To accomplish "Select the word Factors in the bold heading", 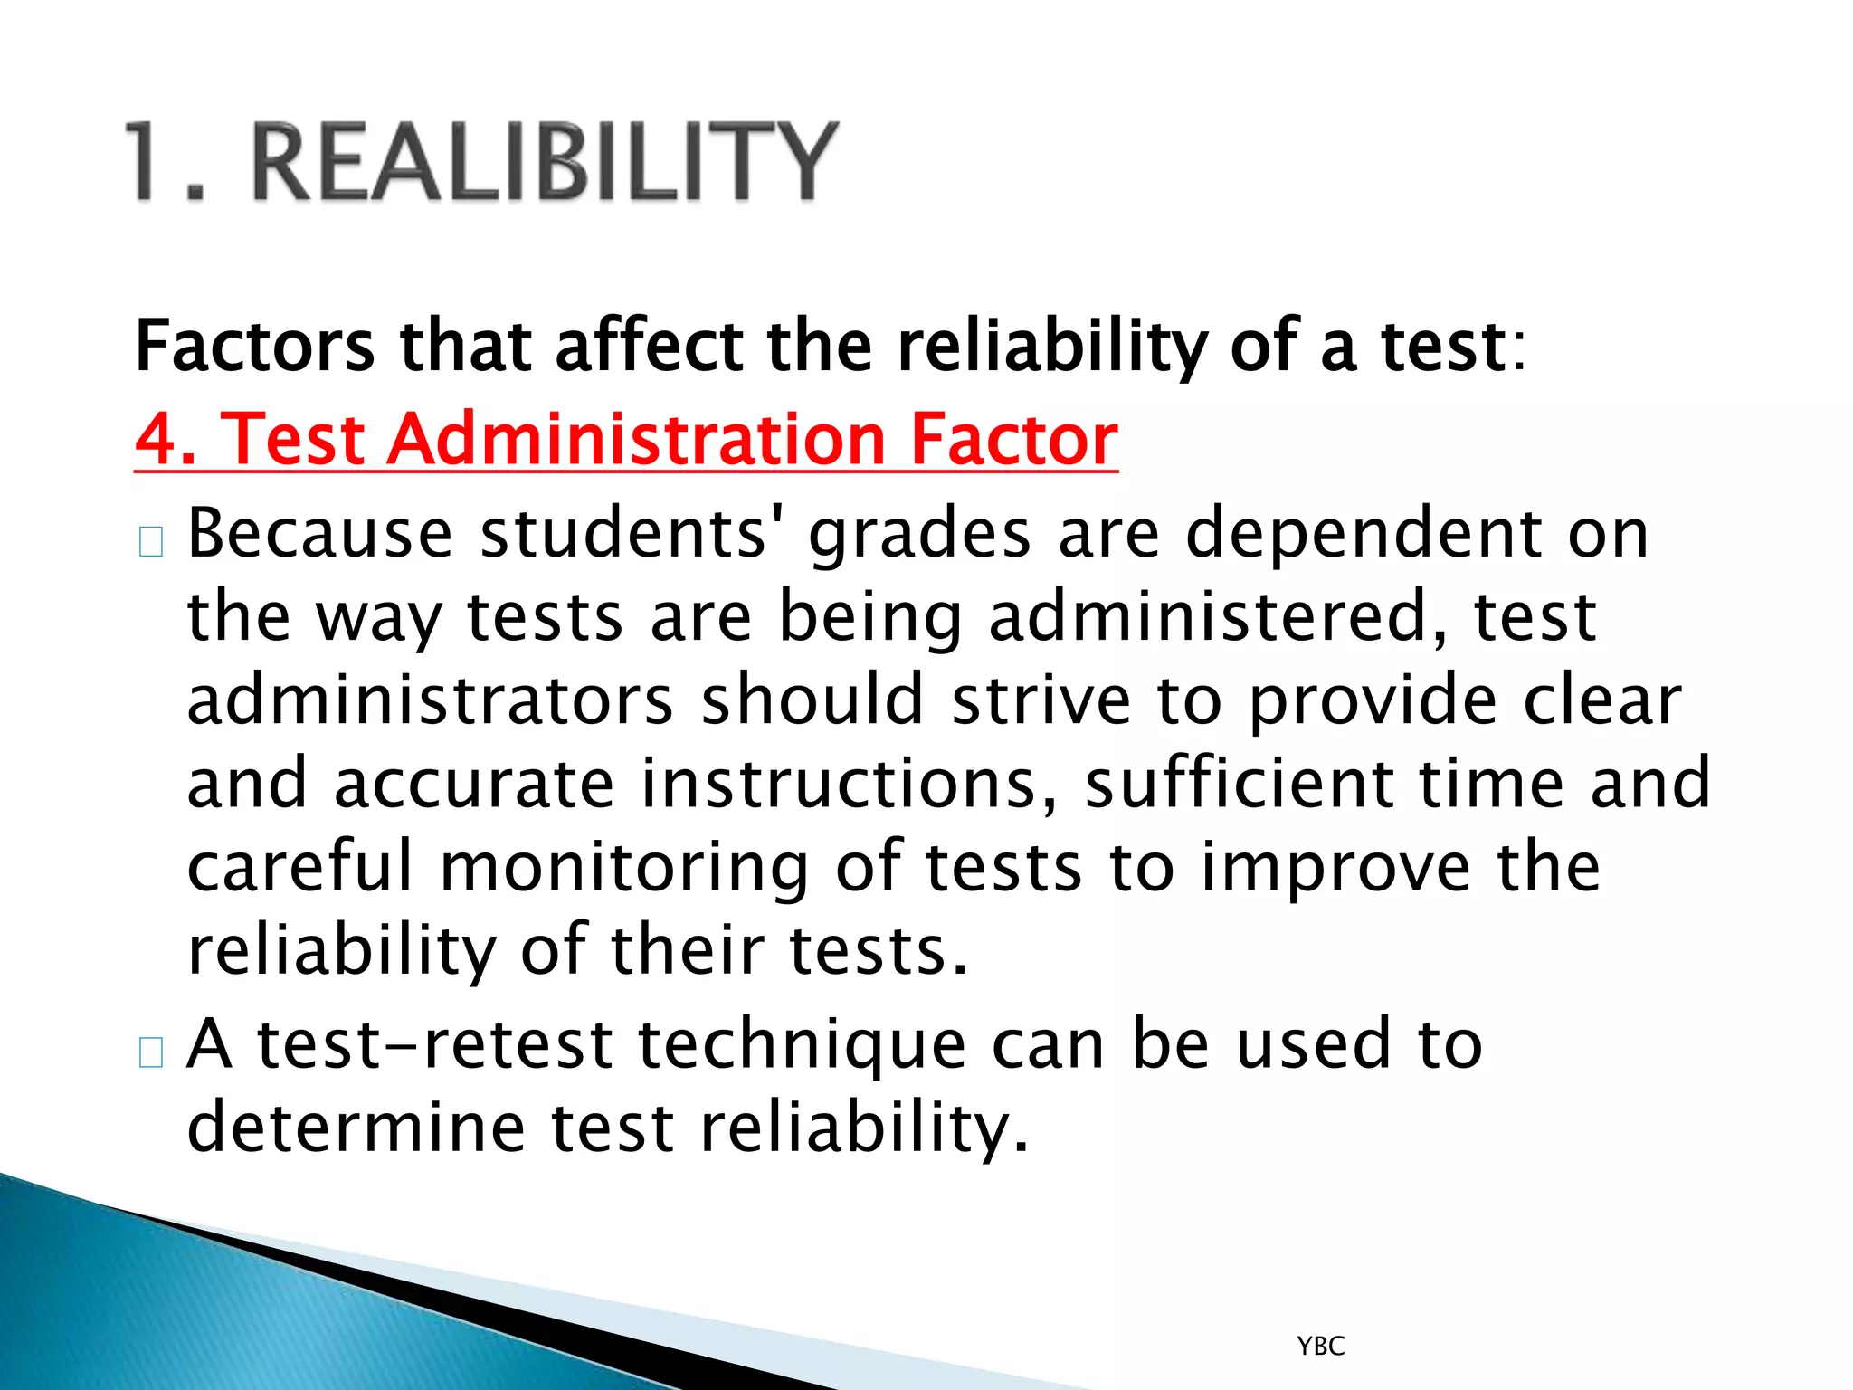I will (254, 347).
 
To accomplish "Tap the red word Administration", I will (636, 440).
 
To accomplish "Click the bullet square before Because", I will (151, 542).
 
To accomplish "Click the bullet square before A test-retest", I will (151, 1053).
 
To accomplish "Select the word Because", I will (319, 534).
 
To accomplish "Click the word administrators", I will (430, 700).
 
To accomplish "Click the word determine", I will (356, 1128).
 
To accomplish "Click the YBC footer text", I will (1321, 1347).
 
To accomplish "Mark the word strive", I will (1041, 700).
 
